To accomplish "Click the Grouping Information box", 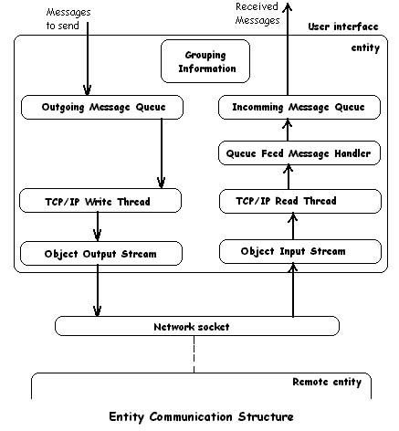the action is (205, 61).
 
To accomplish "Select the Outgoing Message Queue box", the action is (102, 107).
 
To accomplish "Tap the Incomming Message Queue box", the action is (299, 107).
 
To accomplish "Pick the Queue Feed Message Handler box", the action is (299, 153).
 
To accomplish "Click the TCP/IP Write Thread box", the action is (100, 201).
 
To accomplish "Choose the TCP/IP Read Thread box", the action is (300, 201).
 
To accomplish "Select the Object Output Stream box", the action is (101, 254).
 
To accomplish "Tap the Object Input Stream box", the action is (300, 251).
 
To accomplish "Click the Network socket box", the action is (197, 326).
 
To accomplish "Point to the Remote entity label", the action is (327, 382).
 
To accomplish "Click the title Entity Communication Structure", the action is (201, 416).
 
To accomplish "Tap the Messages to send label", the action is (68, 19).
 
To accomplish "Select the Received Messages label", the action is (257, 14).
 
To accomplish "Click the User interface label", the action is (343, 26).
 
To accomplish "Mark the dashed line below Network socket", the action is (194, 354).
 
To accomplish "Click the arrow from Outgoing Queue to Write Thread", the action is (162, 153).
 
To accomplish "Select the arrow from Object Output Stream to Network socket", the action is (98, 290).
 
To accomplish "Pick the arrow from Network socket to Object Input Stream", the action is (293, 290).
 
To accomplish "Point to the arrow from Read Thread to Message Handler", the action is (289, 177).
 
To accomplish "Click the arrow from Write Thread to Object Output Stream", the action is (98, 226).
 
